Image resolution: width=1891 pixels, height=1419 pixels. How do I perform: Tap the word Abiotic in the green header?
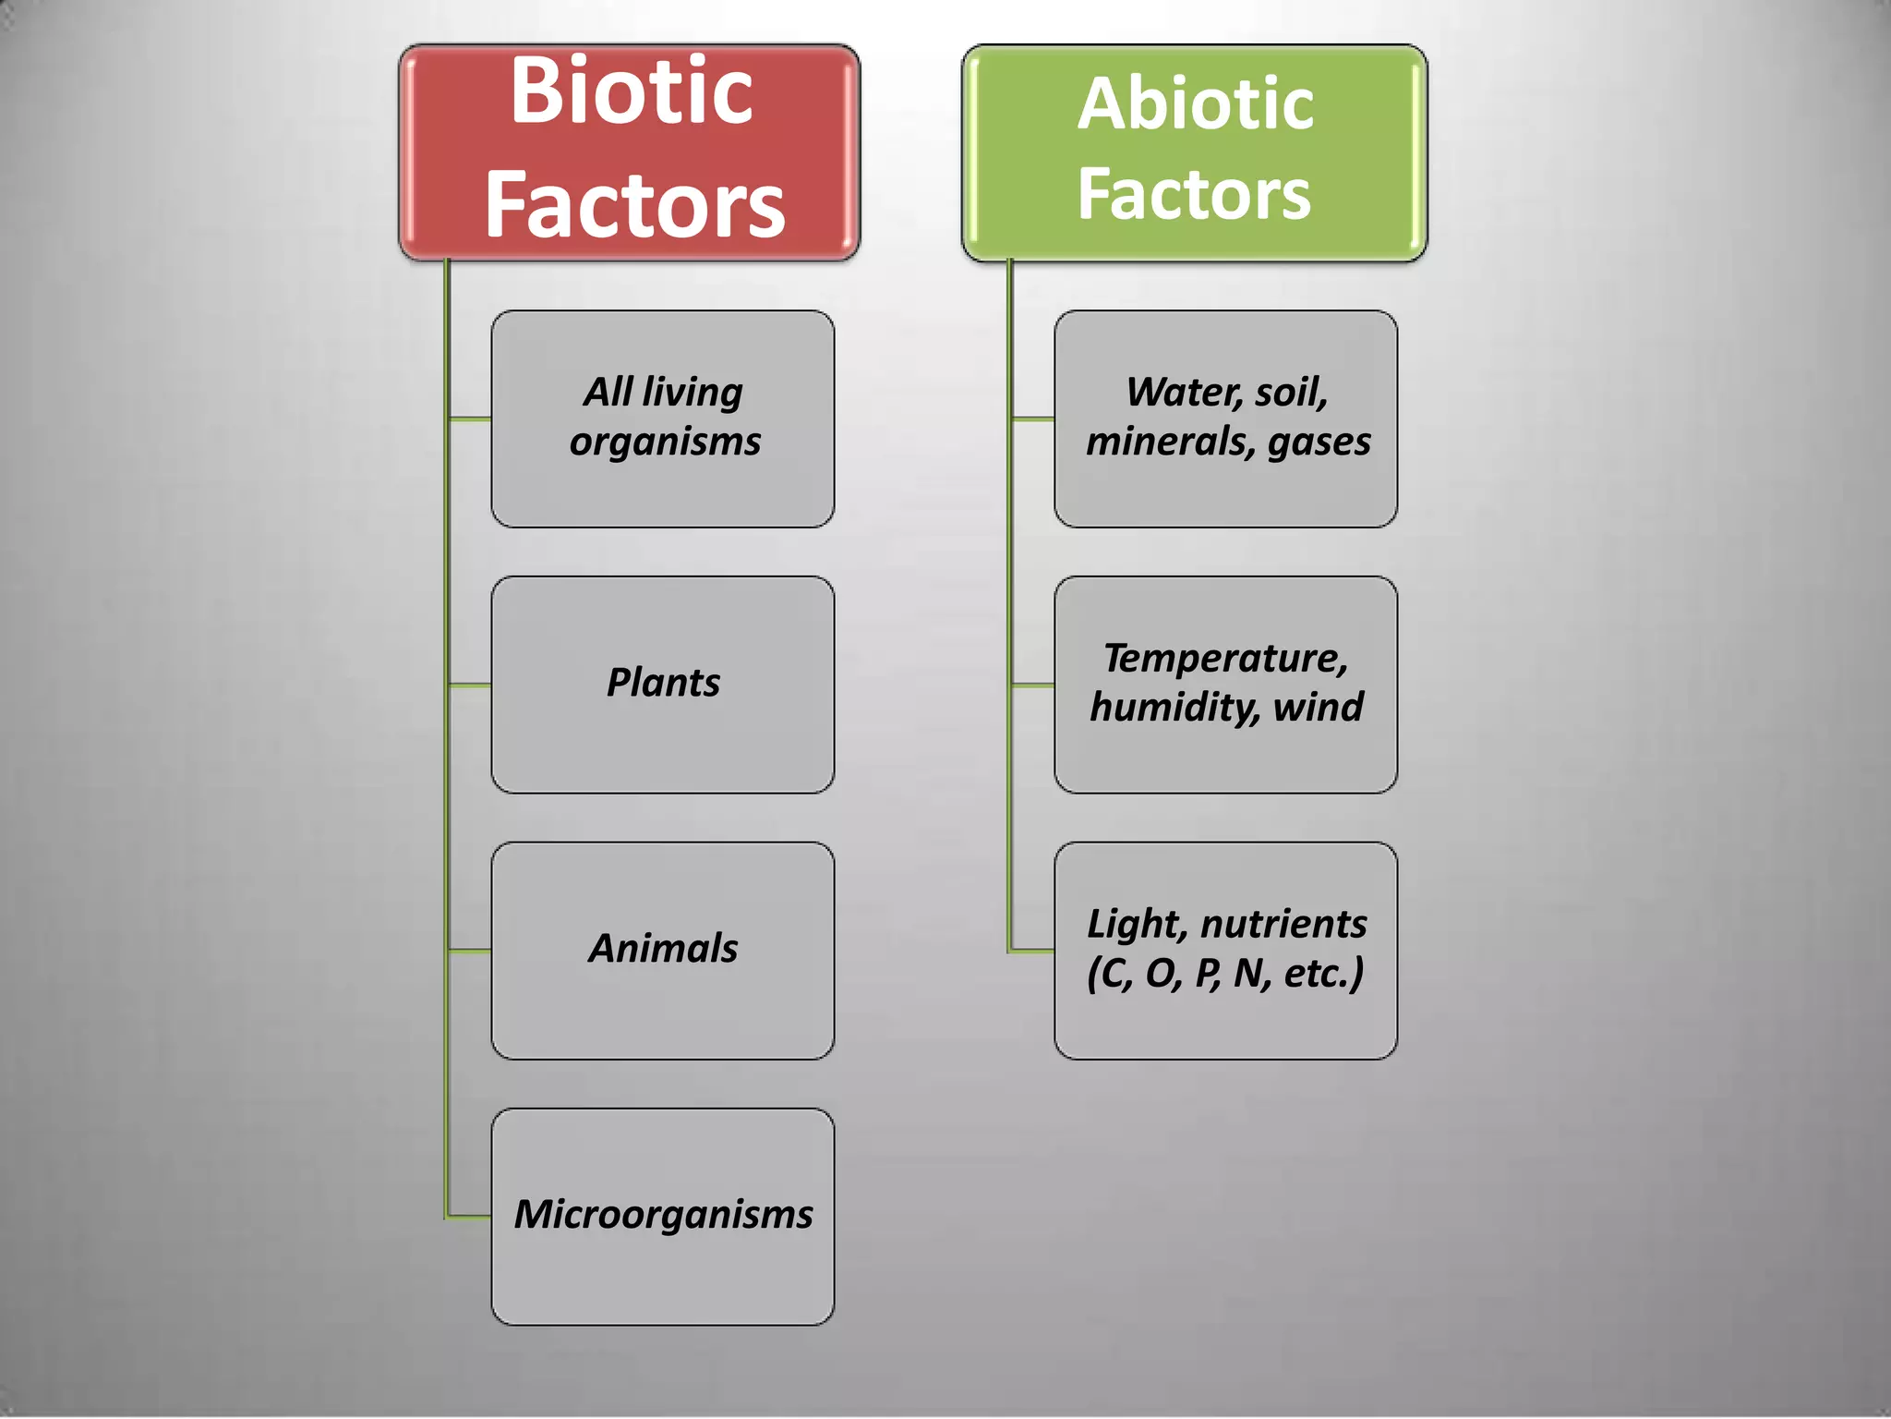pos(1195,103)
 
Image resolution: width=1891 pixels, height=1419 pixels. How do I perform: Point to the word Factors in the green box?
pos(1194,194)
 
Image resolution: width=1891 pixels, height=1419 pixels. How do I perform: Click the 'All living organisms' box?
pos(663,418)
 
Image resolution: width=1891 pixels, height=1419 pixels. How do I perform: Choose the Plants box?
pos(663,685)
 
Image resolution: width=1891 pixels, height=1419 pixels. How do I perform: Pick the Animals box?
pos(663,951)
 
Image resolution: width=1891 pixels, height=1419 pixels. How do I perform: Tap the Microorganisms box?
pos(663,1217)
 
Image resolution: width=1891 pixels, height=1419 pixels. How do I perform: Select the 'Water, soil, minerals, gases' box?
pos(1225,418)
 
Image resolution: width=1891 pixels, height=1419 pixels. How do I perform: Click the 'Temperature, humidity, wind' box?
pos(1225,685)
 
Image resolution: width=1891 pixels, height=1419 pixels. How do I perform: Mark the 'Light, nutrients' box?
pos(1225,951)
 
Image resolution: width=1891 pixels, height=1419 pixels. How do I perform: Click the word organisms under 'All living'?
pos(665,442)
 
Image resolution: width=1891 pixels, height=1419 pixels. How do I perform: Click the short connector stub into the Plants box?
pos(469,685)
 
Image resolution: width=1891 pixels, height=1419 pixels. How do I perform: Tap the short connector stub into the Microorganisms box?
pos(469,1217)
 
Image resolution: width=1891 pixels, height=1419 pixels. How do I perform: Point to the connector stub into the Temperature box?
pos(1032,685)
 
